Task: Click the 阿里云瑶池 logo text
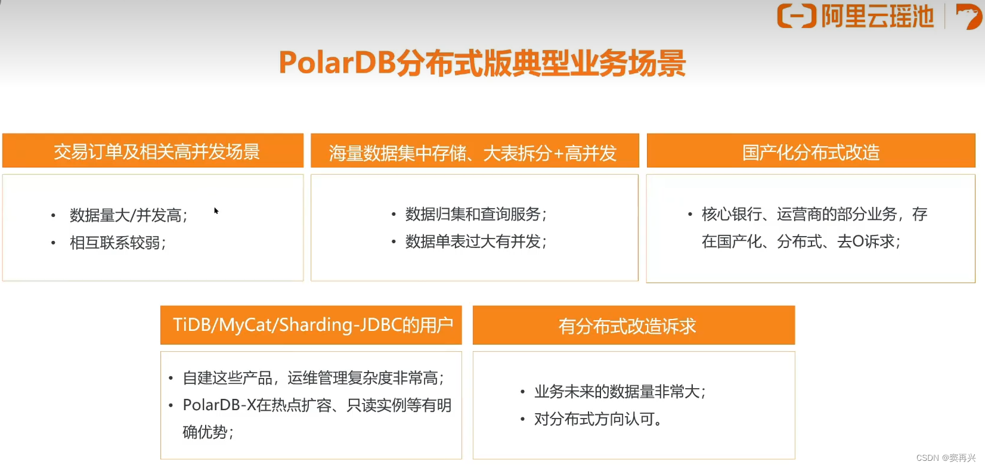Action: click(x=876, y=17)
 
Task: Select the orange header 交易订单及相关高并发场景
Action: click(x=156, y=152)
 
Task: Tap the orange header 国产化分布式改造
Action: click(x=811, y=153)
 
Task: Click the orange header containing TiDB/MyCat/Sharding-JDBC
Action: click(x=312, y=325)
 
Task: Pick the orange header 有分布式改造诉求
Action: click(x=627, y=326)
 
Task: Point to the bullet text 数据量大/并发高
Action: click(x=128, y=215)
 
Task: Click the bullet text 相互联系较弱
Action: click(x=117, y=243)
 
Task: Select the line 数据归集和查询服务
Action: click(x=475, y=214)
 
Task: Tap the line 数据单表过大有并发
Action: click(x=475, y=241)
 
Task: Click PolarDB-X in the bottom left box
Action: click(x=219, y=405)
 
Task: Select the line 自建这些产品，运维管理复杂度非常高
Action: click(x=313, y=378)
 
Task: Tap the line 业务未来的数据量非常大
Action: click(x=620, y=392)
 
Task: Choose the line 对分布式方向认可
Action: click(x=597, y=419)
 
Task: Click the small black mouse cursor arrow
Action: click(x=216, y=210)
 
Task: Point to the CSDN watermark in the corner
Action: click(x=946, y=458)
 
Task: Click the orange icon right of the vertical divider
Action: click(x=968, y=16)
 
